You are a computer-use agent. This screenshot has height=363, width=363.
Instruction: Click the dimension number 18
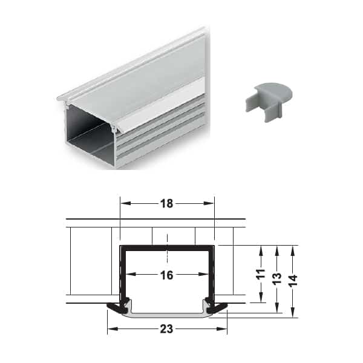point(167,203)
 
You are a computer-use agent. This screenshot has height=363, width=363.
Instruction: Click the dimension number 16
point(167,275)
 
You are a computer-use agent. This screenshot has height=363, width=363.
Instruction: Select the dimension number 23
point(167,329)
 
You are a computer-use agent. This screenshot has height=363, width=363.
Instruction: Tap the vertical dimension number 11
point(261,274)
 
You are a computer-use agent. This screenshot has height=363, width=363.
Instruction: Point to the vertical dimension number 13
point(277,278)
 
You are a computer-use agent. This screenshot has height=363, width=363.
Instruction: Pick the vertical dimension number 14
point(293,280)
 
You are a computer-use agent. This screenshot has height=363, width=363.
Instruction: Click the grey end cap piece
point(269,101)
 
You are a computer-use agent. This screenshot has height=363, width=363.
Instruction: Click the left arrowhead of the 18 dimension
point(126,203)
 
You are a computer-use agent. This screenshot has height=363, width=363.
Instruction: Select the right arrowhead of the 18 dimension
point(208,203)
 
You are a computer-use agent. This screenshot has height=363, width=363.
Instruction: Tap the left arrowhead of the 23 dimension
point(114,329)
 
